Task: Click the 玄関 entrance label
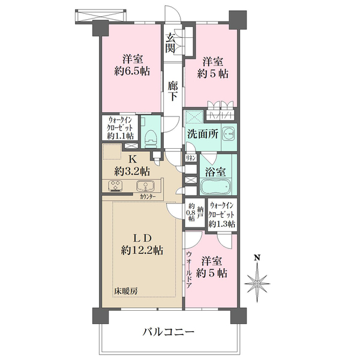(171, 43)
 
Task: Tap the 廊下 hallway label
(172, 91)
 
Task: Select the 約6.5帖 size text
(132, 71)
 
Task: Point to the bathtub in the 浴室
(215, 186)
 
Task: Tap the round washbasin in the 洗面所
(229, 133)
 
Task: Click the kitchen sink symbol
(145, 186)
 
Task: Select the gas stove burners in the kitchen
(115, 186)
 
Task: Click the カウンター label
(148, 197)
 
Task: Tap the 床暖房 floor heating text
(126, 292)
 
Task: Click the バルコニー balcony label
(169, 332)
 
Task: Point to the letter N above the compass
(257, 257)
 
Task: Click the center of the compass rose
(257, 284)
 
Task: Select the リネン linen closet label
(191, 158)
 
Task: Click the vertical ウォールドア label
(189, 269)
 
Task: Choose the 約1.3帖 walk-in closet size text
(222, 224)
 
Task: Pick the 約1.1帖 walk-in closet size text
(121, 136)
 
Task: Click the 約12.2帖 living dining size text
(142, 250)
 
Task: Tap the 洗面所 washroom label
(203, 134)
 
